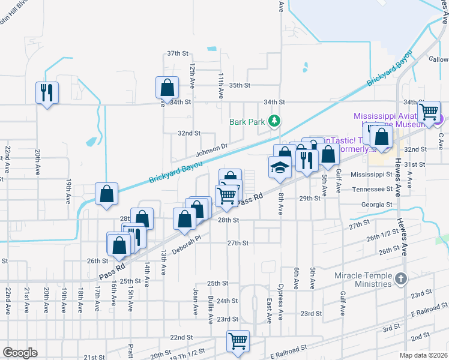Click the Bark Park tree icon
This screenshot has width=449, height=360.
[x=274, y=121]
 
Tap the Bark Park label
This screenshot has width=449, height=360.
[x=247, y=121]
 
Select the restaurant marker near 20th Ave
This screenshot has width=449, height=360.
[x=47, y=92]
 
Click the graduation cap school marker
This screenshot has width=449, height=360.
[x=280, y=167]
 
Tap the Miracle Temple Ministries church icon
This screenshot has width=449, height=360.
[x=402, y=278]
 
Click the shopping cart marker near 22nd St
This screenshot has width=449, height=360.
[x=238, y=341]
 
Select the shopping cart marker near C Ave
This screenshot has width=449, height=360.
[x=429, y=111]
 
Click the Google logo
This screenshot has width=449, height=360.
[x=20, y=353]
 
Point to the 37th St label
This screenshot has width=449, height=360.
[x=178, y=53]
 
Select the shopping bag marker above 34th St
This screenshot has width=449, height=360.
[x=167, y=88]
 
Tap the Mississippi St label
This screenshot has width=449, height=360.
[x=371, y=174]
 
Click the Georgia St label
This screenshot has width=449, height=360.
[x=376, y=205]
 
